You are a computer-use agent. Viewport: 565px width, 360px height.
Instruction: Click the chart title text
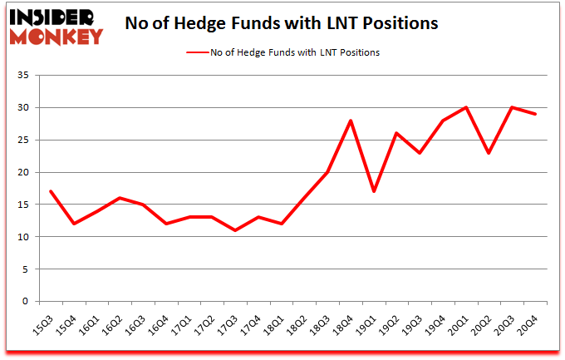[282, 24]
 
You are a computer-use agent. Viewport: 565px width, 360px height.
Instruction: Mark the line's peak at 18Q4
[351, 121]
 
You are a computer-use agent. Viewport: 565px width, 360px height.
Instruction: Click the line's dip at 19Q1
[375, 192]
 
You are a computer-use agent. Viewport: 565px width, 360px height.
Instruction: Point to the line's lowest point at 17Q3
[235, 230]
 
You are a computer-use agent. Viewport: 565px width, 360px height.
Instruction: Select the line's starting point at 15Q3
[51, 192]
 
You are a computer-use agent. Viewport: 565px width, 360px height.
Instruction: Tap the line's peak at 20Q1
[467, 107]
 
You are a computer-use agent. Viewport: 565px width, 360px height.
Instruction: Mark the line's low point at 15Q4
[74, 224]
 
